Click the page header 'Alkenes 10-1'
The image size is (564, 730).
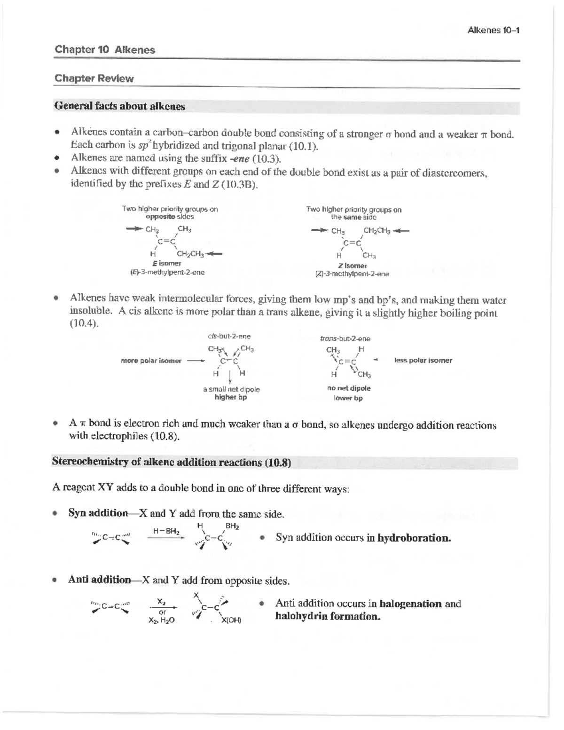coord(493,31)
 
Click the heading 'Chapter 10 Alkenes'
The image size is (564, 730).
coord(105,50)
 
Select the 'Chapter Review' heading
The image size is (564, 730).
coord(94,78)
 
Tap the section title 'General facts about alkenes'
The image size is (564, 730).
coord(120,107)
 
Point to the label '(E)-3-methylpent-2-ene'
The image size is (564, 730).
coord(167,272)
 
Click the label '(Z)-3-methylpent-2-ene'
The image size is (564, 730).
coord(352,274)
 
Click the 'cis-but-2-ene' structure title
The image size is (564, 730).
coord(229,337)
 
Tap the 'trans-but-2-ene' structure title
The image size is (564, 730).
coord(345,338)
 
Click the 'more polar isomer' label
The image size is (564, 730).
coord(151,361)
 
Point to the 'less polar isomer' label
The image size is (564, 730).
coord(423,361)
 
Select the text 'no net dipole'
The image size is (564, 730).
coord(349,388)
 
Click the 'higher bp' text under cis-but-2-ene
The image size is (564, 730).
coord(231,397)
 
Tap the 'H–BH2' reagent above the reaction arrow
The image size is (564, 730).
coord(166,531)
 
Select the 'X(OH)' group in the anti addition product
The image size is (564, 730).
coord(231,620)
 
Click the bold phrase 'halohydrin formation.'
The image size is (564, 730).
coord(328,616)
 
